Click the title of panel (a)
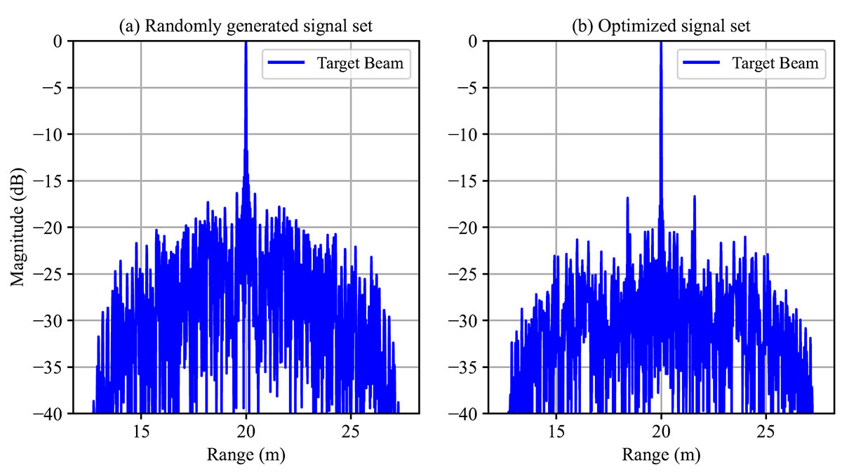245,28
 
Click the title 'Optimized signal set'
660,28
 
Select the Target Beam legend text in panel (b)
775,64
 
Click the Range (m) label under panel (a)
245,454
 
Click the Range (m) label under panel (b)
660,454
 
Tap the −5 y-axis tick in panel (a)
51,88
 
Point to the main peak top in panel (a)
246,43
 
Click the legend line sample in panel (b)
702,64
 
